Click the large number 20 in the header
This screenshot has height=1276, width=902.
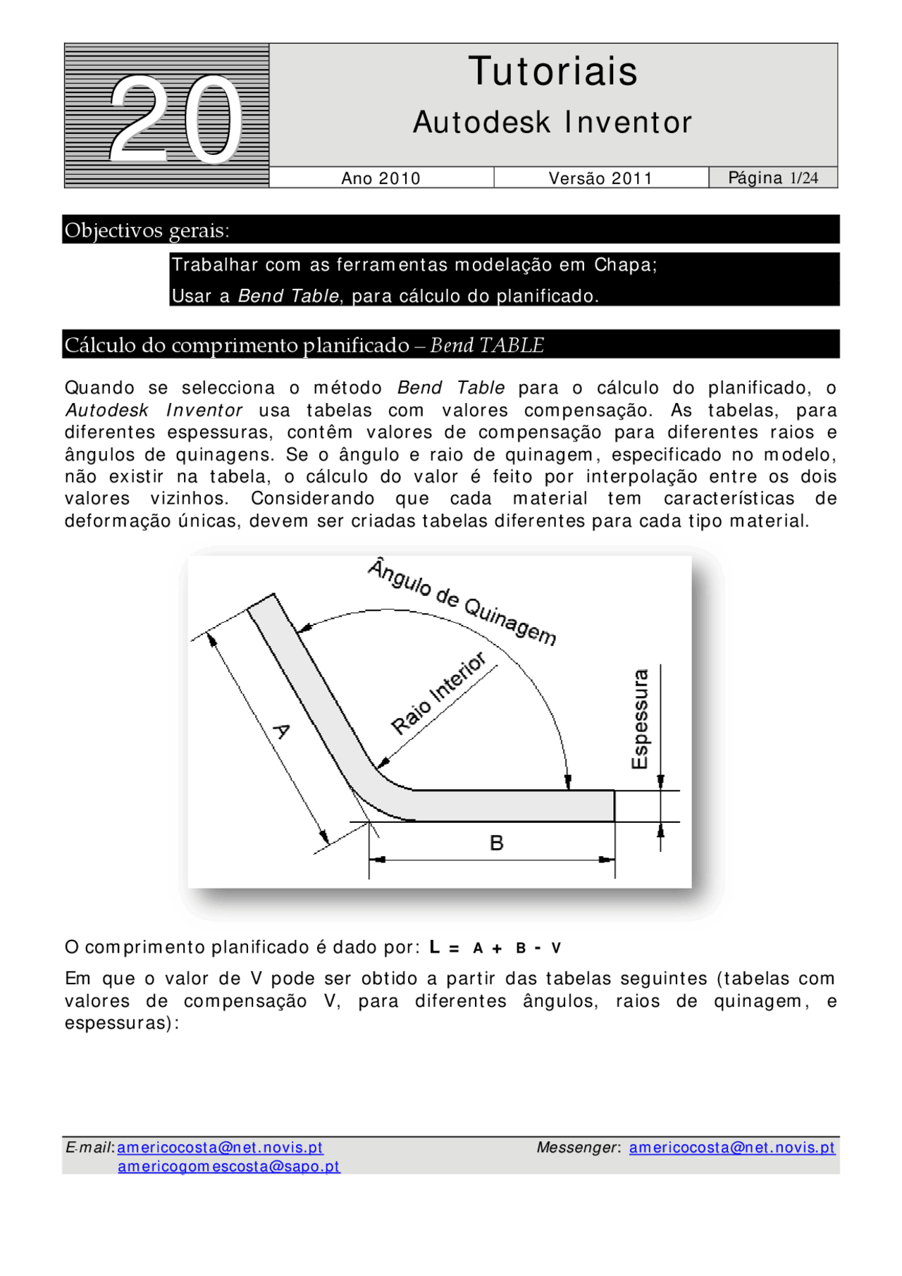click(x=175, y=118)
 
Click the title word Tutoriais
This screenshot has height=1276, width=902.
click(x=553, y=72)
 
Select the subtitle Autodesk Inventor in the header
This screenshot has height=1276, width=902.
click(x=553, y=123)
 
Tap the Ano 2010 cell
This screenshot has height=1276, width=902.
click(x=381, y=178)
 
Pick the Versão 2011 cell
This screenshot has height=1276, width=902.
click(x=600, y=178)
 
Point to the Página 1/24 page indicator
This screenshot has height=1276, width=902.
click(x=772, y=178)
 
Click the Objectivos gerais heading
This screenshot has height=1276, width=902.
click(x=147, y=230)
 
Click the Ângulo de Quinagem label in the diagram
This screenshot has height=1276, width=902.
click(x=462, y=602)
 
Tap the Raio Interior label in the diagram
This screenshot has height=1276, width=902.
click(x=438, y=693)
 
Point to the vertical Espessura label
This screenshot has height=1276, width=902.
click(x=639, y=719)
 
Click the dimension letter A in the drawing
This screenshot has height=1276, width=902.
click(x=280, y=731)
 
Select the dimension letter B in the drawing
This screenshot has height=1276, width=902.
click(x=496, y=843)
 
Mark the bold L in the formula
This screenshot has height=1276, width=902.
click(x=435, y=947)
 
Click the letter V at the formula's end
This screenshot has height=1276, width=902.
click(x=556, y=948)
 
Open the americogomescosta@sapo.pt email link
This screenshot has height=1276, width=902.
click(x=228, y=1166)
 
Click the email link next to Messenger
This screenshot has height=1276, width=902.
click(x=731, y=1147)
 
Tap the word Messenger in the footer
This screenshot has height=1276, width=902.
click(x=576, y=1147)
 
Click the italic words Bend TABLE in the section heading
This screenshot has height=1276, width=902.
click(x=487, y=345)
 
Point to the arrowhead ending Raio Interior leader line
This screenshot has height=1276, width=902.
click(x=383, y=763)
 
